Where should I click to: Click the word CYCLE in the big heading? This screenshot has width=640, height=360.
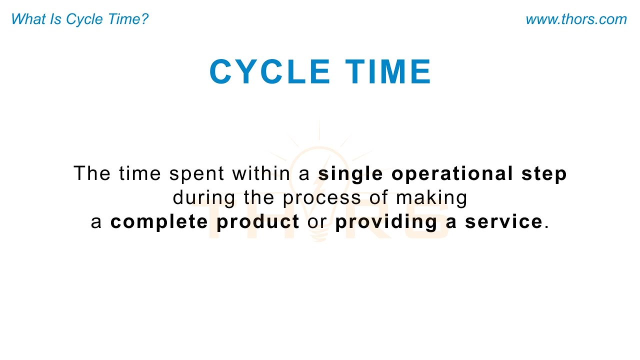[269, 72]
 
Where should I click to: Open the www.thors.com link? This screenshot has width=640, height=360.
[576, 19]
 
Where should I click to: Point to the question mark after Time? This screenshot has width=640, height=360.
[144, 19]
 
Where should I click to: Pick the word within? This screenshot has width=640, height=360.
[260, 173]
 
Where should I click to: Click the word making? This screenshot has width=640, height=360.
[431, 197]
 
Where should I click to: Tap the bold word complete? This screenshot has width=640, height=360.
[159, 221]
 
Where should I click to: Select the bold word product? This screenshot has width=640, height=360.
[257, 221]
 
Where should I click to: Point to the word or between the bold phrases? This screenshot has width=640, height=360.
[317, 221]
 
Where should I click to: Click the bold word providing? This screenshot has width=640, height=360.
[386, 221]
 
